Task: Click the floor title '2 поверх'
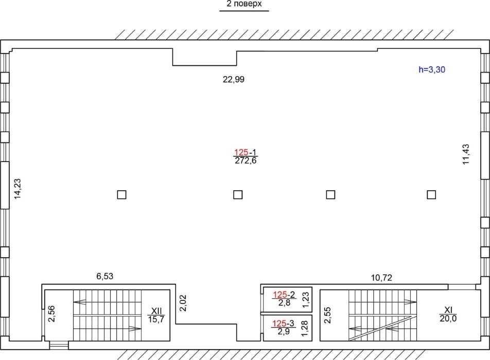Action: pyautogui.click(x=244, y=4)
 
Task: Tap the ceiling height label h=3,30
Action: pyautogui.click(x=432, y=69)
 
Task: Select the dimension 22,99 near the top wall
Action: pyautogui.click(x=234, y=79)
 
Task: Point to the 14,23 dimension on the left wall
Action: pyautogui.click(x=17, y=189)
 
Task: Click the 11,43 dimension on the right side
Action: pyautogui.click(x=466, y=154)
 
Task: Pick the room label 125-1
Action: pyautogui.click(x=246, y=152)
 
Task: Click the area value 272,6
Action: pyautogui.click(x=246, y=160)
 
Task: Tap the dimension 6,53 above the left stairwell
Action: pyautogui.click(x=104, y=276)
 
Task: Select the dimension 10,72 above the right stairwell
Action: pyautogui.click(x=381, y=278)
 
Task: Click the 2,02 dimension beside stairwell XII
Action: pyautogui.click(x=183, y=303)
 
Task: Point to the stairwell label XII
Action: pyautogui.click(x=156, y=311)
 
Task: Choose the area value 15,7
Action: pyautogui.click(x=156, y=319)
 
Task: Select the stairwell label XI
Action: pyautogui.click(x=448, y=310)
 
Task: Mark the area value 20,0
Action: pyautogui.click(x=448, y=318)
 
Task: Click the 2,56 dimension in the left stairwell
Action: pyautogui.click(x=51, y=314)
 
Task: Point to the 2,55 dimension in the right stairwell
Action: pyautogui.click(x=327, y=315)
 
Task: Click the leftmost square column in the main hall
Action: pyautogui.click(x=121, y=195)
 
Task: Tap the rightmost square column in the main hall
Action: pyautogui.click(x=431, y=195)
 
